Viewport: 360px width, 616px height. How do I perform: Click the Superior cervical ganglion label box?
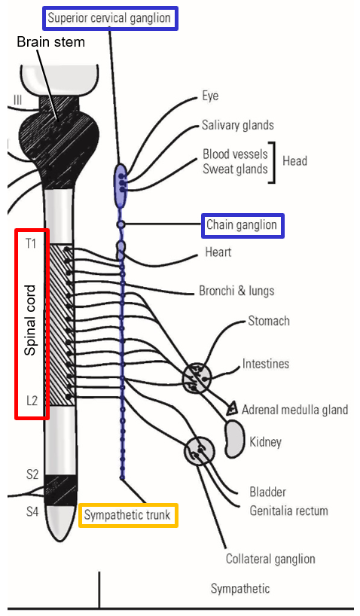point(110,17)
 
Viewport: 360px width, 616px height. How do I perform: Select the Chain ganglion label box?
point(242,224)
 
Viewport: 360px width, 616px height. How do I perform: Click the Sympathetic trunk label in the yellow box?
point(129,516)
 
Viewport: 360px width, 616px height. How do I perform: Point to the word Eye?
point(210,97)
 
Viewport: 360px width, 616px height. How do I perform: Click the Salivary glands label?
point(237,125)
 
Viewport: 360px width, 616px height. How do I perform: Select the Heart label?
point(219,252)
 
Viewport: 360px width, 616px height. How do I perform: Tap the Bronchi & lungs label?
point(236,291)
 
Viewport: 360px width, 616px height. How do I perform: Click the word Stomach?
point(269,321)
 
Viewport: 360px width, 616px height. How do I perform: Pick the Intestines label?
point(265,364)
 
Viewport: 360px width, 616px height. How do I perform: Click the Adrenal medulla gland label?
point(294,410)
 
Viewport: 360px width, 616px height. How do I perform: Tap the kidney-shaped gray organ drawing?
point(235,437)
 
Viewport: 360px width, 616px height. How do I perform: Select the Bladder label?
point(267,492)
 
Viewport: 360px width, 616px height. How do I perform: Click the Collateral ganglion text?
point(270,559)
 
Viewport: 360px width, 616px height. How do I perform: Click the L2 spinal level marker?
point(32,401)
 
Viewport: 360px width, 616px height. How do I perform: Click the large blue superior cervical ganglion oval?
point(121,184)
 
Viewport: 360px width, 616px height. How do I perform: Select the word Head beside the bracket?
point(294,161)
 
